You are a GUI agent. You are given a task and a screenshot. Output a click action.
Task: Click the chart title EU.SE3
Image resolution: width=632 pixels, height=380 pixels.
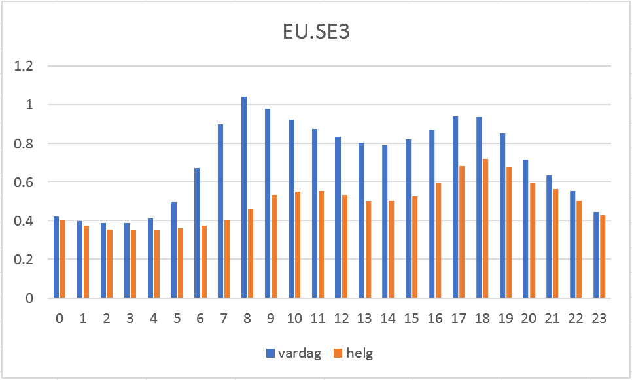click(x=316, y=33)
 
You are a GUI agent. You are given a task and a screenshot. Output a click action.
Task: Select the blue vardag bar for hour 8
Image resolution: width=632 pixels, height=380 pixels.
click(x=244, y=198)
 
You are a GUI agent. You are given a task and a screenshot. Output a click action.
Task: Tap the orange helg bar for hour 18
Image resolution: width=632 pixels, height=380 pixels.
click(x=485, y=228)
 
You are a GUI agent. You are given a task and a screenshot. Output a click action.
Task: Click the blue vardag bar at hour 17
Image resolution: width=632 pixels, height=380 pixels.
click(x=455, y=207)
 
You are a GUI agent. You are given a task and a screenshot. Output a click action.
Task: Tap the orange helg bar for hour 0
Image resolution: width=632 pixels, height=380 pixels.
click(x=63, y=259)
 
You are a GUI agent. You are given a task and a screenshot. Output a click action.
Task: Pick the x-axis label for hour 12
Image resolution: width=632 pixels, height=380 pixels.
click(x=341, y=319)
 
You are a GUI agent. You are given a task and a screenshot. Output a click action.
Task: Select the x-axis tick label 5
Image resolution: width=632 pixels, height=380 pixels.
click(x=177, y=319)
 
